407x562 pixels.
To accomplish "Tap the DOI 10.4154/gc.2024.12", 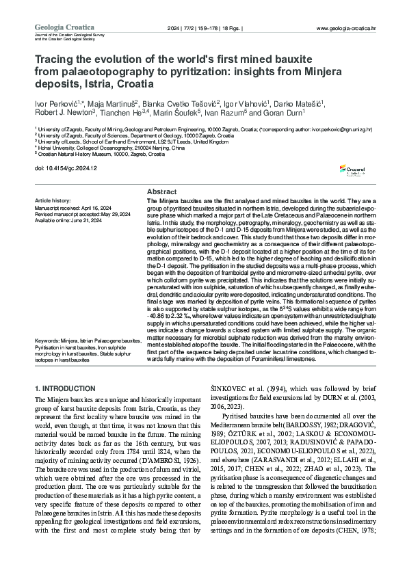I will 66,168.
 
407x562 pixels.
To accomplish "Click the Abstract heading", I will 162,193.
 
